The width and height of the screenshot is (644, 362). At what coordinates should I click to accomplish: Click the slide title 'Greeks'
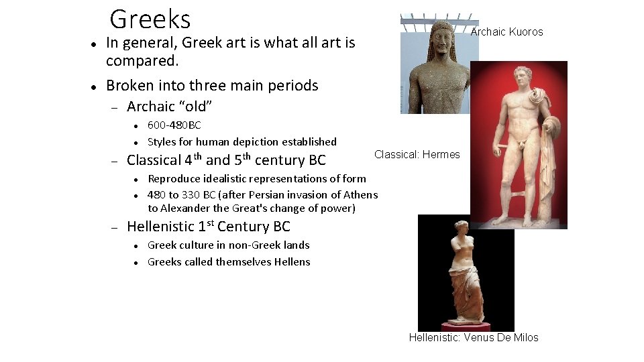pos(150,19)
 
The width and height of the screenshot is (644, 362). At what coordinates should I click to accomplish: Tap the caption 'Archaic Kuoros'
pos(506,32)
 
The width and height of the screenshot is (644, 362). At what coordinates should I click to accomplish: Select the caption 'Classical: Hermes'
pos(417,155)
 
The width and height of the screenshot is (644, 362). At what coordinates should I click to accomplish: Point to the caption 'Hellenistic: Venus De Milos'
pos(474,338)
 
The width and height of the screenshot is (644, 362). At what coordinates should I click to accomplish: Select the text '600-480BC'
pos(174,125)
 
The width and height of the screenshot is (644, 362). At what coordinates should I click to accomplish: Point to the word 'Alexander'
pos(189,208)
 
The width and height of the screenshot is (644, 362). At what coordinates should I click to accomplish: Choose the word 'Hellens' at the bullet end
pos(292,262)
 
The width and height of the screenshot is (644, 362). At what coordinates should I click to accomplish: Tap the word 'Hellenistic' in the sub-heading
pos(159,227)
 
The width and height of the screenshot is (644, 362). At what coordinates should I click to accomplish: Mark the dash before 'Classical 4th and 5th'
pos(114,161)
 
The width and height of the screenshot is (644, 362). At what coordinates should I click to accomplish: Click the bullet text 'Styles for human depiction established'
pos(241,142)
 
